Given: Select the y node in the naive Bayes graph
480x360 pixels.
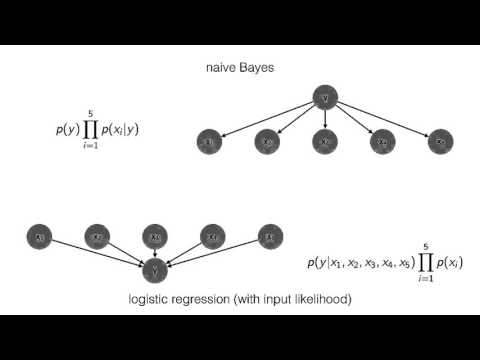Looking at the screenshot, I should click(x=324, y=98).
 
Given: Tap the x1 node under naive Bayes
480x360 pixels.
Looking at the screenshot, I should click(x=209, y=143).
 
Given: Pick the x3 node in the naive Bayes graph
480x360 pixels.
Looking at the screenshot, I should click(x=324, y=143).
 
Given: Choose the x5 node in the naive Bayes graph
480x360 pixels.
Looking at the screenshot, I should click(x=440, y=143).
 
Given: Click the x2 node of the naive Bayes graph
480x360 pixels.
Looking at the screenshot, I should click(x=267, y=143).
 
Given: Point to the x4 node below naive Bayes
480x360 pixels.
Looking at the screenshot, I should click(x=382, y=143).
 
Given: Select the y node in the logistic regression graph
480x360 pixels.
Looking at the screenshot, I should click(x=154, y=270).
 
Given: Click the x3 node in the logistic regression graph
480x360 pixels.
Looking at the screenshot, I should click(x=154, y=237).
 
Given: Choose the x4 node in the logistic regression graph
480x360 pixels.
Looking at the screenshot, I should click(x=212, y=237).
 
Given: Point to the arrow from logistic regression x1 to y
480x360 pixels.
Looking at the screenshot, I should click(x=95, y=253).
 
